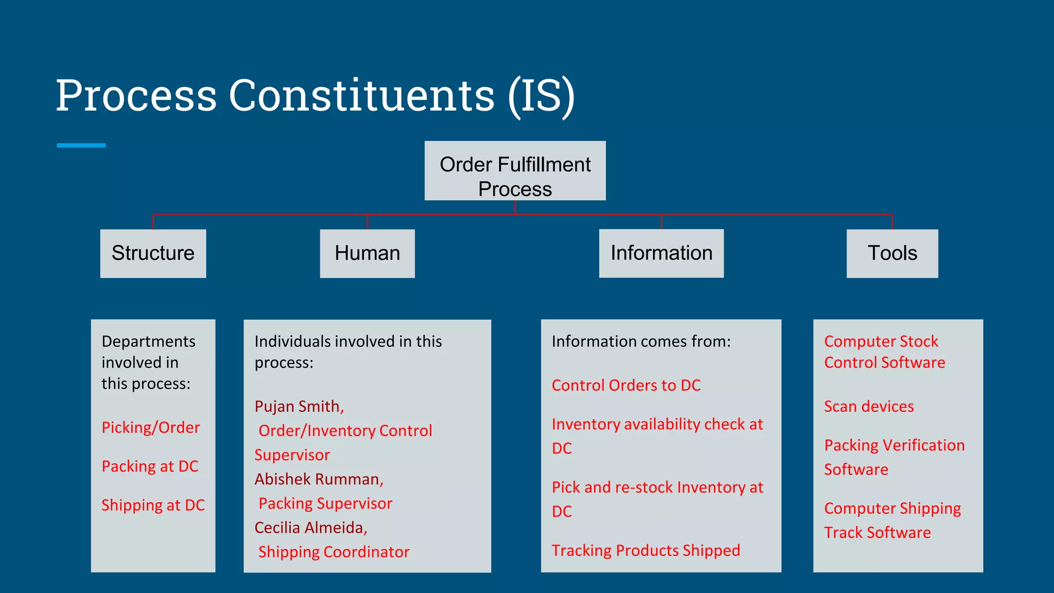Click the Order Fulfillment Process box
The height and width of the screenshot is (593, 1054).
click(515, 171)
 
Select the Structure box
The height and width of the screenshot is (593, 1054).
click(153, 253)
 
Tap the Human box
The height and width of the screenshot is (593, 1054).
click(367, 253)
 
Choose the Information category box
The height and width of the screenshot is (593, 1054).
click(661, 253)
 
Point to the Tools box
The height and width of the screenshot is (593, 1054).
click(892, 253)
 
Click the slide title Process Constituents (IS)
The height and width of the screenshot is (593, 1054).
click(315, 95)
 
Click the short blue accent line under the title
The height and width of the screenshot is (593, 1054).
click(81, 146)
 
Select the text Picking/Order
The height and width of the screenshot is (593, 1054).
click(150, 427)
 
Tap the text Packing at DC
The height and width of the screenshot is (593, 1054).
click(150, 466)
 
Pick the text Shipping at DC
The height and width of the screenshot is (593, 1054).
click(153, 505)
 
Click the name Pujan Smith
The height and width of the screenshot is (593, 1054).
click(298, 407)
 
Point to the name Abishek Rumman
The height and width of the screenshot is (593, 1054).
click(319, 479)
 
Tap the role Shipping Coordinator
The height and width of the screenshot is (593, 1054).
click(333, 552)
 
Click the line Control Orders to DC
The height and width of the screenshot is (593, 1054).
click(626, 385)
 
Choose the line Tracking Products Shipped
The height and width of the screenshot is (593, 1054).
click(645, 550)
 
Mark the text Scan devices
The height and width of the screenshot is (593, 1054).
click(869, 407)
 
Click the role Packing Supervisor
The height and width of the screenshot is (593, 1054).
click(325, 503)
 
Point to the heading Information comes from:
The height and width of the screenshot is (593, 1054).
click(641, 341)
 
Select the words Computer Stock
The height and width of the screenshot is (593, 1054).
click(881, 341)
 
